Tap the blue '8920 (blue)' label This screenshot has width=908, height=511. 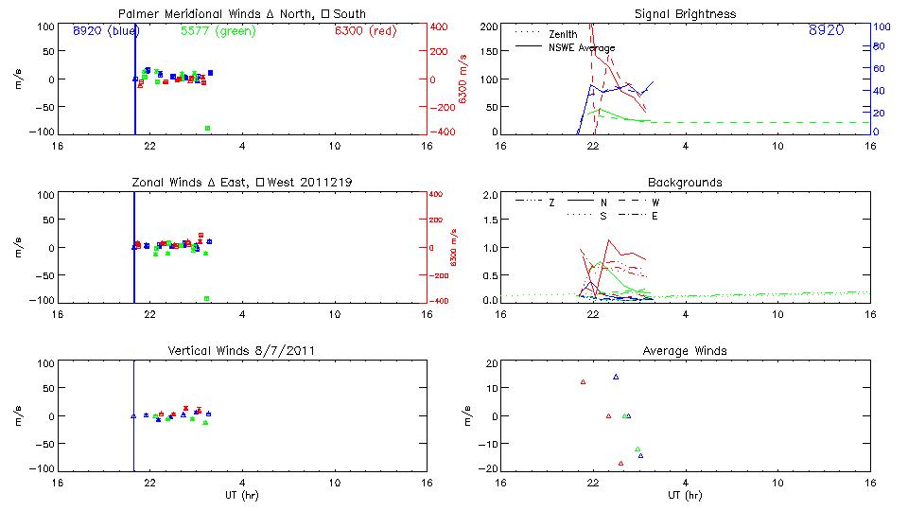[x=106, y=30]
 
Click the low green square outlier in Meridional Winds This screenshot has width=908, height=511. [x=207, y=128]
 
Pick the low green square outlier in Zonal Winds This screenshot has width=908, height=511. [x=207, y=298]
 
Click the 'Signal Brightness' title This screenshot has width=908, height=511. [x=686, y=14]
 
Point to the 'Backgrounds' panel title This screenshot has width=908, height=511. [x=686, y=182]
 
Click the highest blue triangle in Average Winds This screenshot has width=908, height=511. [x=616, y=377]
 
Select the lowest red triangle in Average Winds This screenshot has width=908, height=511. [x=620, y=464]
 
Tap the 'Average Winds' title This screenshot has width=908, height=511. [x=686, y=351]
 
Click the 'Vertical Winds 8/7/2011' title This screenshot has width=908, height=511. [x=241, y=351]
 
